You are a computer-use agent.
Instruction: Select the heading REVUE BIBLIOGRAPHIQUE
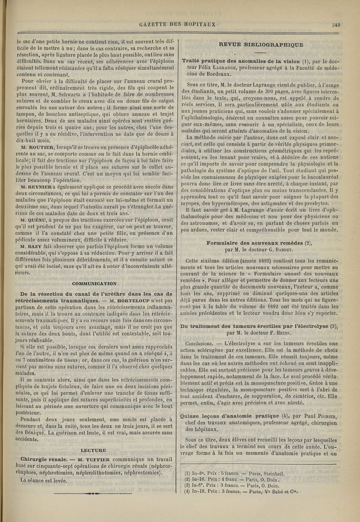click(261, 45)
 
